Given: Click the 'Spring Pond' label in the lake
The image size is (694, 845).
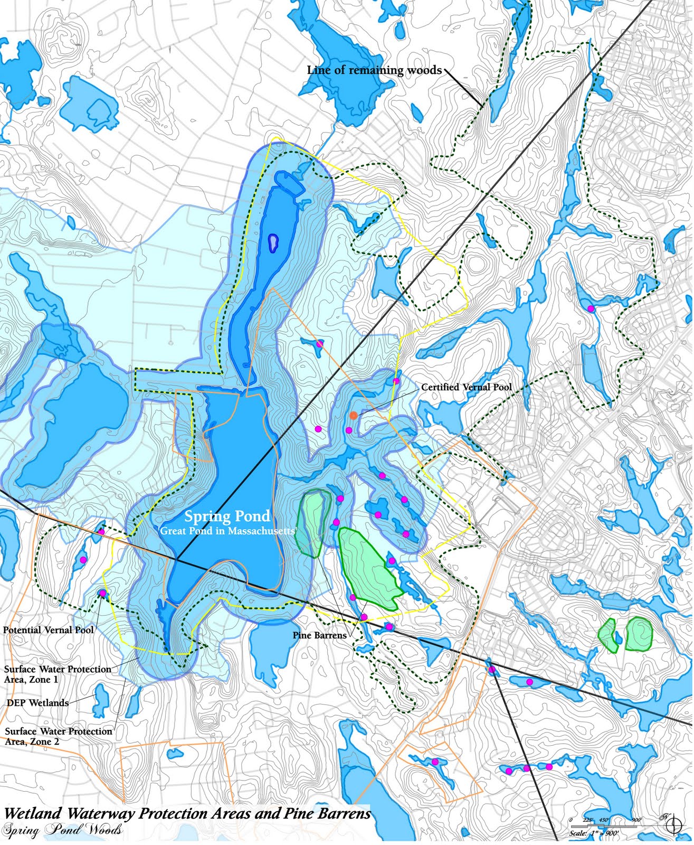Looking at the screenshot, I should [227, 517].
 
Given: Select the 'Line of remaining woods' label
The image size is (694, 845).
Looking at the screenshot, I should [374, 70].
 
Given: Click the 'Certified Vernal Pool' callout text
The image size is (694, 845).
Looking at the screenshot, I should [466, 387].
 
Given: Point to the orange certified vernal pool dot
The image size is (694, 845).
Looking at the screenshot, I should [354, 416].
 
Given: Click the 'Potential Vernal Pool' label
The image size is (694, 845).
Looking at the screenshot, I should [48, 630].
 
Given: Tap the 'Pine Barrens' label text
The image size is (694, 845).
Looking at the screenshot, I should [319, 635].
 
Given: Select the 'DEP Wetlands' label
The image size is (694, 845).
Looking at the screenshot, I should [37, 703].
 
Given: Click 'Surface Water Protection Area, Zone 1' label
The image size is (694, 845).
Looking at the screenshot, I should [58, 674].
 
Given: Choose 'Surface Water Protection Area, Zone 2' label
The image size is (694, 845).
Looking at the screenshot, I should [58, 737].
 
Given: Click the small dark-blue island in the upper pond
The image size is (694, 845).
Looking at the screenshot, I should [273, 243].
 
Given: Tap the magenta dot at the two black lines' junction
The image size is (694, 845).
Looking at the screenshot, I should [492, 670].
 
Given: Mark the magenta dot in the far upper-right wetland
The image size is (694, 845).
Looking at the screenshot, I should [591, 308].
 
